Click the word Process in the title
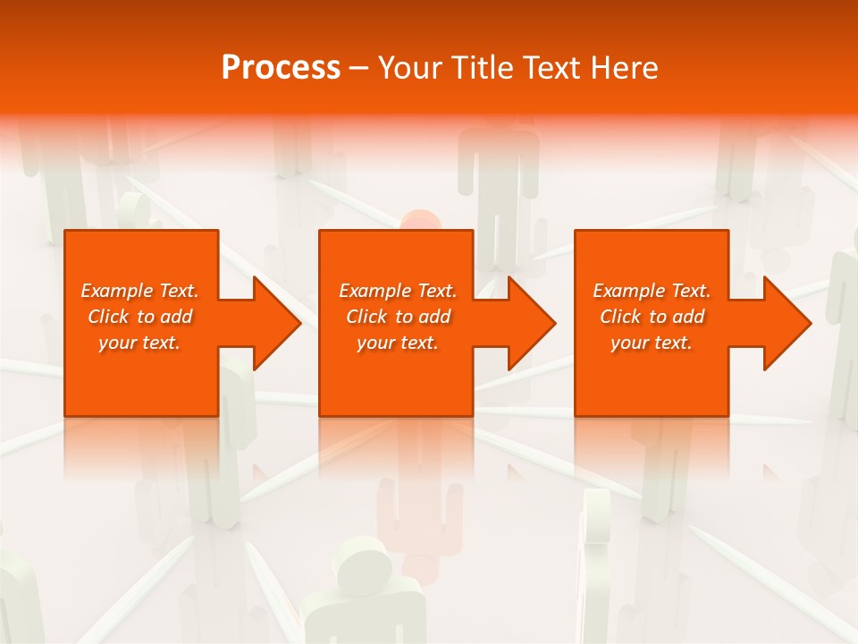click(281, 68)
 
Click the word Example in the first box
click(117, 291)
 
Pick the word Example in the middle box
click(375, 291)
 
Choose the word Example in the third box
click(629, 291)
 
